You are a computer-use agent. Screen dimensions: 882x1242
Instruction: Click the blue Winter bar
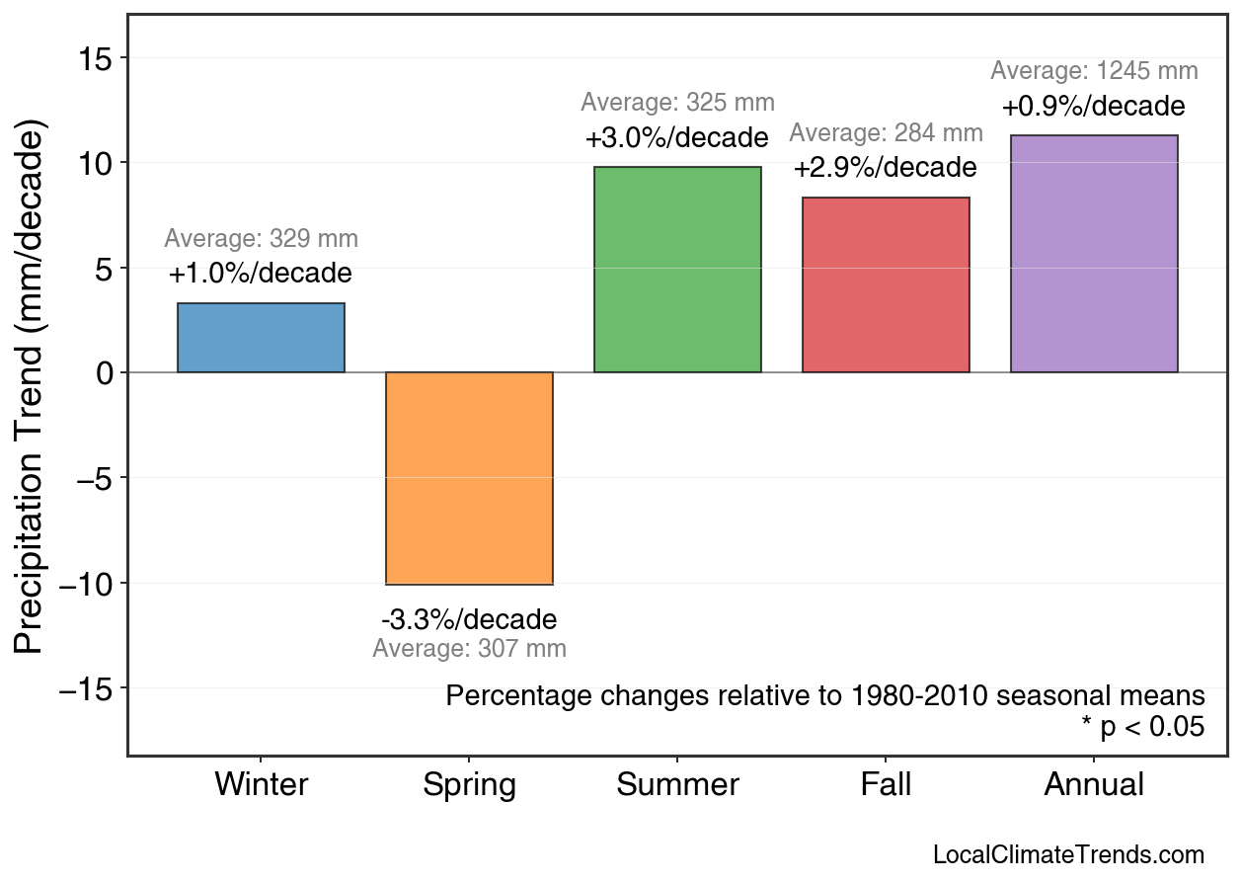pyautogui.click(x=261, y=338)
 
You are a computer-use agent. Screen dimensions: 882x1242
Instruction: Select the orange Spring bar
pyautogui.click(x=469, y=478)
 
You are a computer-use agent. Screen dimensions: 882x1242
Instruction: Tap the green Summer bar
pyautogui.click(x=677, y=270)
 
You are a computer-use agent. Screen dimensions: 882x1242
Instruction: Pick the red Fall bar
pyautogui.click(x=886, y=285)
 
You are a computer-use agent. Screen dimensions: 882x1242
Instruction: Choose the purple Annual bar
pyautogui.click(x=1094, y=254)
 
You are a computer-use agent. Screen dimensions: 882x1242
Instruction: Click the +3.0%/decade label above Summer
pyautogui.click(x=676, y=137)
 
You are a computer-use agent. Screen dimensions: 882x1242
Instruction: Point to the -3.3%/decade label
pyautogui.click(x=469, y=620)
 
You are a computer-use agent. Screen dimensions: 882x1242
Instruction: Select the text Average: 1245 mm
pyautogui.click(x=1094, y=71)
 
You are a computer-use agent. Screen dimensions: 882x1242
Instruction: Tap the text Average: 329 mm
pyautogui.click(x=261, y=239)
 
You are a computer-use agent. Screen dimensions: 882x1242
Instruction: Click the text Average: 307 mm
pyautogui.click(x=469, y=649)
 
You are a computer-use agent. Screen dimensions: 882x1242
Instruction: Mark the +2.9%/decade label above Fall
pyautogui.click(x=885, y=168)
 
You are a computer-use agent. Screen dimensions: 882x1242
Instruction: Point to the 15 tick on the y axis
pyautogui.click(x=96, y=58)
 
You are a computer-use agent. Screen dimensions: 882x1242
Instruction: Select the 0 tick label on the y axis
pyautogui.click(x=105, y=373)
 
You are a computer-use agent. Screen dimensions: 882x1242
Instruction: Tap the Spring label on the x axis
pyautogui.click(x=469, y=785)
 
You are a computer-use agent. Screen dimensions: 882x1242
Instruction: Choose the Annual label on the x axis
pyautogui.click(x=1094, y=785)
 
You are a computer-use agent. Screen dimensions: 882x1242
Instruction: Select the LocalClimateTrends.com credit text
pyautogui.click(x=1068, y=855)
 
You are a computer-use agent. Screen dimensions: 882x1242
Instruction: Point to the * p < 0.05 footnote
pyautogui.click(x=1142, y=728)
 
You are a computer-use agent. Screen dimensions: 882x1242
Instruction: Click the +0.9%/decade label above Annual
pyautogui.click(x=1093, y=107)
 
